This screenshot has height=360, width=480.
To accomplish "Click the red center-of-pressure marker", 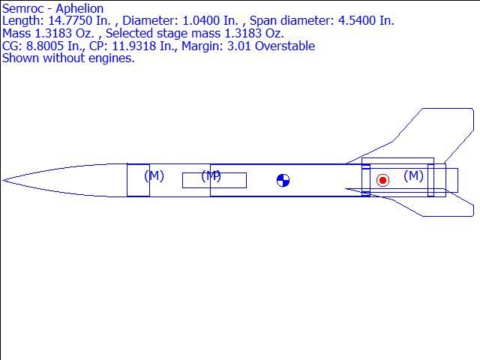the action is pyautogui.click(x=382, y=180).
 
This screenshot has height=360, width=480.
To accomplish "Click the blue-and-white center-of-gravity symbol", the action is pyautogui.click(x=283, y=180).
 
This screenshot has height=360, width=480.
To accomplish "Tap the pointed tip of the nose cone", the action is pyautogui.click(x=3, y=180).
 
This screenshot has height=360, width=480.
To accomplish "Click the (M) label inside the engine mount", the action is pyautogui.click(x=413, y=175).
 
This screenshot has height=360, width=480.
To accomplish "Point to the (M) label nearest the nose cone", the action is pyautogui.click(x=154, y=175).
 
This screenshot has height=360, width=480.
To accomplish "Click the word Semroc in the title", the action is pyautogui.click(x=22, y=8).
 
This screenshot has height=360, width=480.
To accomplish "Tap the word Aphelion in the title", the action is pyautogui.click(x=79, y=8).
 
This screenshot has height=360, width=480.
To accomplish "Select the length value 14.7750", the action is pyautogui.click(x=70, y=20).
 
